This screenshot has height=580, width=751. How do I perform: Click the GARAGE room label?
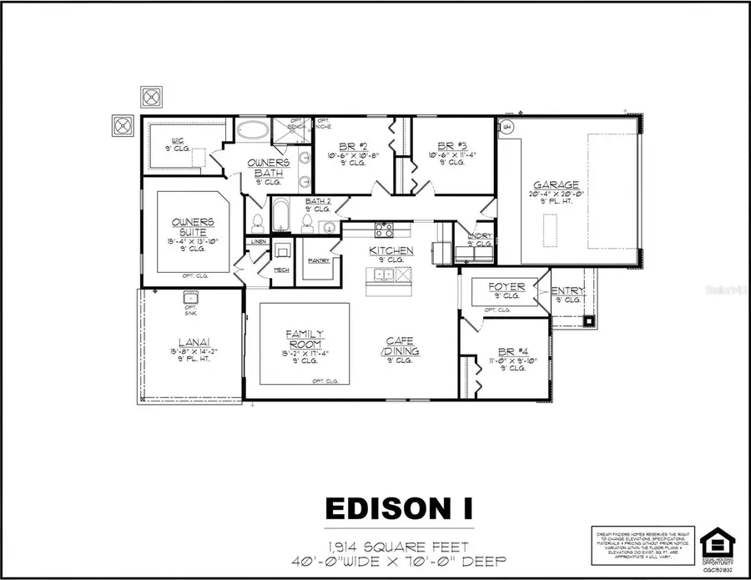[558, 185]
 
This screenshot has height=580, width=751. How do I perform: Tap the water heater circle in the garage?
[507, 127]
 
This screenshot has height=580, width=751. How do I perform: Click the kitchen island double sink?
[386, 273]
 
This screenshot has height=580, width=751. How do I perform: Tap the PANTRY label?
[318, 261]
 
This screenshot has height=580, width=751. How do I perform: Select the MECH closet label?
[281, 270]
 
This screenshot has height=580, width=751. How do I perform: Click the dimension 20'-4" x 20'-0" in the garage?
[559, 194]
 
